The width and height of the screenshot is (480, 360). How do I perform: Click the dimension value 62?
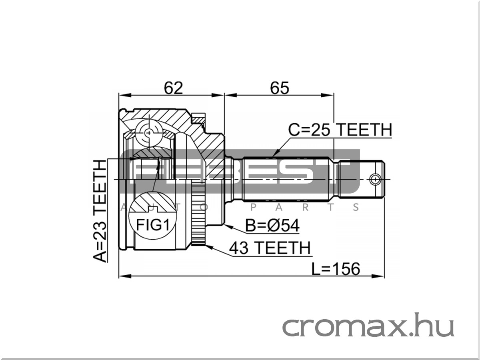coord(174,88)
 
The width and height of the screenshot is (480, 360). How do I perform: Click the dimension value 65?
coord(280,88)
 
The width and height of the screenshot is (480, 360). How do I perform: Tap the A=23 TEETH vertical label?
coord(100,211)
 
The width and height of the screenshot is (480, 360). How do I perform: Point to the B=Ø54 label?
coord(272,226)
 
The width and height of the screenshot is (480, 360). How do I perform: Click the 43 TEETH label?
coord(270,248)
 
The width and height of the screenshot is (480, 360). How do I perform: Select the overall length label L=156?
coord(336,269)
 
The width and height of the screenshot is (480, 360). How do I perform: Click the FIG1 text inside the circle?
coord(153,225)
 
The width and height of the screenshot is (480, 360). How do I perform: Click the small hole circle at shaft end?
coord(375,180)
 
